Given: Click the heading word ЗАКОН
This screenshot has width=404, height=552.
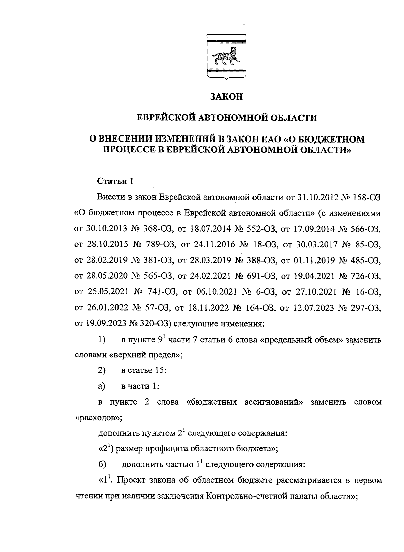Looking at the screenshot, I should [226, 97].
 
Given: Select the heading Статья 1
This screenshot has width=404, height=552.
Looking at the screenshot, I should [115, 181].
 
